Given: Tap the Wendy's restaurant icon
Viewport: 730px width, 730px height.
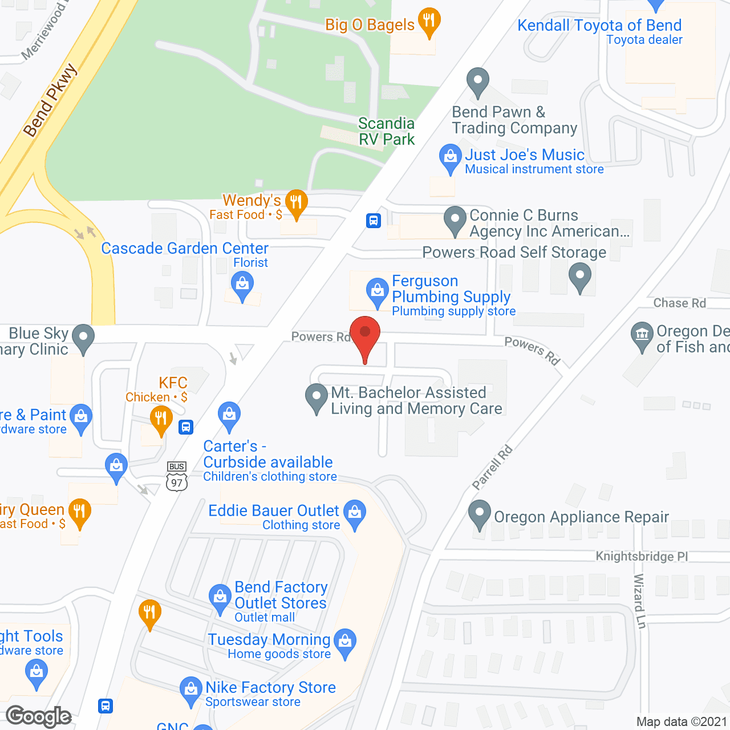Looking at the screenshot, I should click(296, 202).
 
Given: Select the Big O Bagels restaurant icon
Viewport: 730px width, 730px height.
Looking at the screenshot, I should click(429, 21).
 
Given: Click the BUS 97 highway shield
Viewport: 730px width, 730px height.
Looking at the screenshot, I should click(177, 476).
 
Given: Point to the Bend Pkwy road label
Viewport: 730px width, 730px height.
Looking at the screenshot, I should click(50, 100).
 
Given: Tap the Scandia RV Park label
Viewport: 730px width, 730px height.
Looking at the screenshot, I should click(386, 131).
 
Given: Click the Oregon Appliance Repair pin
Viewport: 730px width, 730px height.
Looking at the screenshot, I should click(479, 513).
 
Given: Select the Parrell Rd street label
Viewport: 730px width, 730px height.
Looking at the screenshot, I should click(493, 468).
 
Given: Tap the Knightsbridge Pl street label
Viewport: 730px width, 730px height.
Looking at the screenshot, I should click(642, 556).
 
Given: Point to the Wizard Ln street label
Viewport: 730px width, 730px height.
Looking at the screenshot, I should click(639, 601).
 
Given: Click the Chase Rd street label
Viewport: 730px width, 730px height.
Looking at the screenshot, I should click(679, 303).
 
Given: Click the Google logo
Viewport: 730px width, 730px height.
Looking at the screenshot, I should click(39, 716).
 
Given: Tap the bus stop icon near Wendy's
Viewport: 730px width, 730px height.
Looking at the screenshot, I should click(374, 220).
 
